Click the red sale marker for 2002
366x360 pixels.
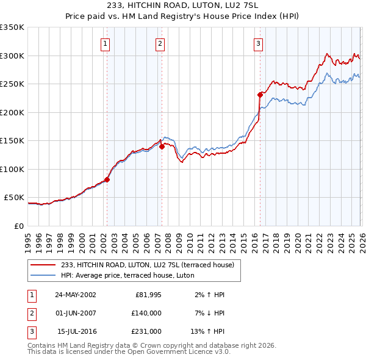click(x=107, y=179)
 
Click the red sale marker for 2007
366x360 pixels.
click(x=162, y=146)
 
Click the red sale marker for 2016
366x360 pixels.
click(x=260, y=95)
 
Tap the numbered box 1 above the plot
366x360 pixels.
click(x=106, y=43)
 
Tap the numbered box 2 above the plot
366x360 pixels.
click(x=160, y=43)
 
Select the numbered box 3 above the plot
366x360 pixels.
click(x=258, y=43)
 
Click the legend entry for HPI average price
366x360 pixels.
click(x=127, y=275)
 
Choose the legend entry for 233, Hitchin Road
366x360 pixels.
click(x=151, y=264)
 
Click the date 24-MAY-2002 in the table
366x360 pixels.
click(x=75, y=295)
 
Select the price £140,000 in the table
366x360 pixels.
click(x=146, y=313)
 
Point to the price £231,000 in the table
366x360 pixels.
click(x=146, y=331)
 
